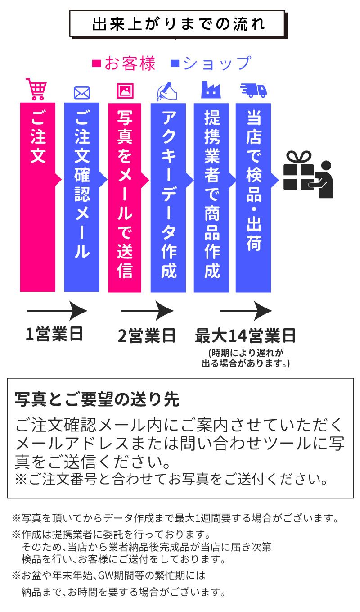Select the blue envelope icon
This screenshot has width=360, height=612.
(x=81, y=92)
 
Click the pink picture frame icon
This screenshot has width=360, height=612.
(x=125, y=91)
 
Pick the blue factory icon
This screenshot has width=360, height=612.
(x=211, y=89)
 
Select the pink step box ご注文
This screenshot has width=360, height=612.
(x=38, y=197)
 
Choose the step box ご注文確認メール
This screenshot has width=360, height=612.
(x=81, y=197)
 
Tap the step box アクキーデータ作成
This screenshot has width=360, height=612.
(x=168, y=197)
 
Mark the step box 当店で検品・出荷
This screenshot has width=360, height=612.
(x=253, y=197)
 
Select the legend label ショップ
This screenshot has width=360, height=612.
(x=216, y=63)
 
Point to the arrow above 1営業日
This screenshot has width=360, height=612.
(x=57, y=311)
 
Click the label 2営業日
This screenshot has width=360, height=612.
(x=147, y=335)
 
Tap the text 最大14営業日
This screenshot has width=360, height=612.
(x=245, y=335)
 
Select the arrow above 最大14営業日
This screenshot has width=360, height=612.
(x=245, y=311)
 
